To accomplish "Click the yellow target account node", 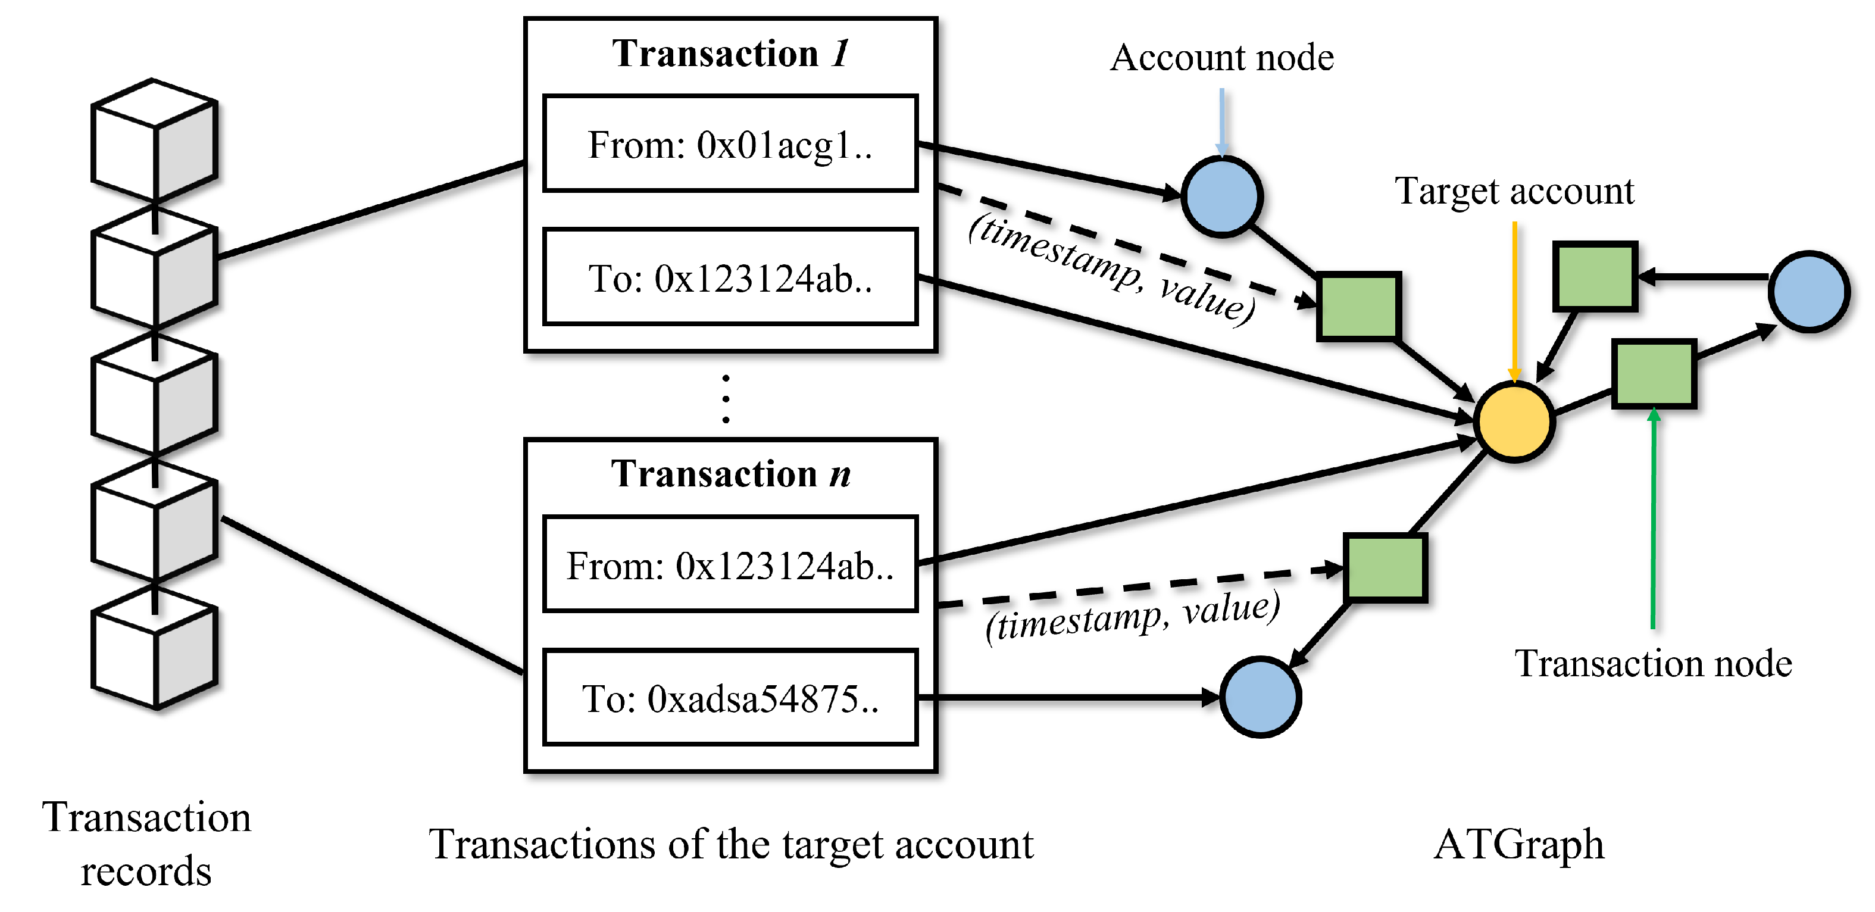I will (1514, 422).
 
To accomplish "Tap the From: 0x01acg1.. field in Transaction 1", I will (730, 144).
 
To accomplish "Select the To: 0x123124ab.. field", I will (730, 278).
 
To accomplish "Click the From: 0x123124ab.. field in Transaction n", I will (730, 565).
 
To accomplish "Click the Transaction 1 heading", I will (730, 53).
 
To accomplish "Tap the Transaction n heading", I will (730, 474).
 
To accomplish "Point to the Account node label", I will (1221, 58).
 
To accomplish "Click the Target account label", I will (1514, 192).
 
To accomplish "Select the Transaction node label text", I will (1653, 664).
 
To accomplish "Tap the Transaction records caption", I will (146, 844).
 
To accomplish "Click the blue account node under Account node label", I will (1221, 196).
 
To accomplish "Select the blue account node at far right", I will (1809, 292).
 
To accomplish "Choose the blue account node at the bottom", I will (1260, 697).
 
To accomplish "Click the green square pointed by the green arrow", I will (1654, 374).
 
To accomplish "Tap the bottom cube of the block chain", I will (154, 648).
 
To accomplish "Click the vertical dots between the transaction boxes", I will (726, 399).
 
